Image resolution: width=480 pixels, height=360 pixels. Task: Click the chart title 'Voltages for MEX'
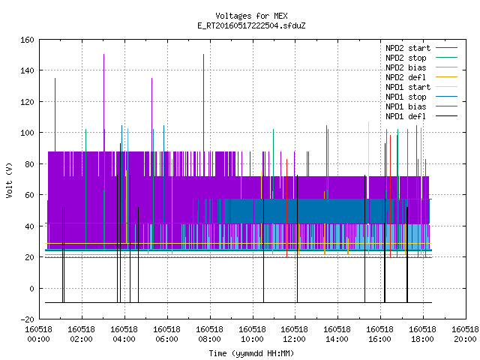(251, 16)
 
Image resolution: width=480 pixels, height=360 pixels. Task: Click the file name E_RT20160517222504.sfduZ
(251, 25)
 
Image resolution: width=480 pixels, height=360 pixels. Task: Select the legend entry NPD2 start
(408, 48)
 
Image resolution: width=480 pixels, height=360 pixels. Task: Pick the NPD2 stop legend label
(406, 58)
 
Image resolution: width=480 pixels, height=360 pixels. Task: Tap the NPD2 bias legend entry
(406, 67)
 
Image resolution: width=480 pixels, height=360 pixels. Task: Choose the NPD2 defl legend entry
(406, 77)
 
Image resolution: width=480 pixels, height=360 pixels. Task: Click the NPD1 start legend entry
(408, 87)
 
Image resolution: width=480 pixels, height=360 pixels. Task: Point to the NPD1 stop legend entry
(406, 97)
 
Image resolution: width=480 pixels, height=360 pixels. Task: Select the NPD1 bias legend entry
(406, 106)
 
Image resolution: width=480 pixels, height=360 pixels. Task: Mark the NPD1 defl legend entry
(406, 116)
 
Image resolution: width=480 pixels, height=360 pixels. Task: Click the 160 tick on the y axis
(27, 40)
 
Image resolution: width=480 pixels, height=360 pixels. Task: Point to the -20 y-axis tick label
(27, 319)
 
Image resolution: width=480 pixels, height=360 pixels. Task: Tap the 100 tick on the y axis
(27, 133)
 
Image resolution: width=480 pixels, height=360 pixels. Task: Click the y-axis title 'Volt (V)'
(10, 180)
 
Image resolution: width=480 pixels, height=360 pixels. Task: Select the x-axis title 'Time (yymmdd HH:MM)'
(251, 353)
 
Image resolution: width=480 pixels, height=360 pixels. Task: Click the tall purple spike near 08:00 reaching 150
(203, 103)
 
